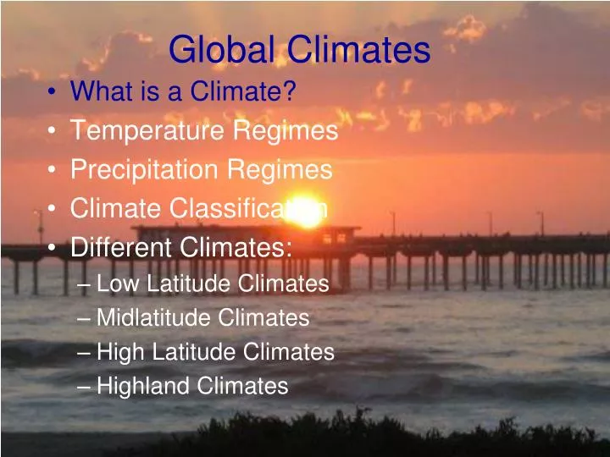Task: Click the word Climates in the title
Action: click(355, 51)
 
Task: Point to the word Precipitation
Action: click(144, 170)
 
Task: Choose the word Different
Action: click(121, 247)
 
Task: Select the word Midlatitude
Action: click(153, 318)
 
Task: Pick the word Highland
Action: click(143, 386)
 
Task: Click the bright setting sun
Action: click(304, 212)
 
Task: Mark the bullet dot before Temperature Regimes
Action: click(54, 131)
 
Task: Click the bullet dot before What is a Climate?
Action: click(54, 91)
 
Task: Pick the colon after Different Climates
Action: click(289, 249)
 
